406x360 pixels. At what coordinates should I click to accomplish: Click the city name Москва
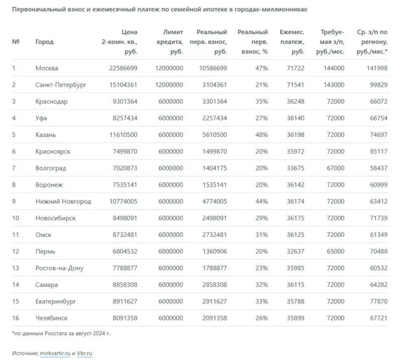pyautogui.click(x=47, y=68)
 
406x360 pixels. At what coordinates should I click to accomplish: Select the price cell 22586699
pyautogui.click(x=123, y=68)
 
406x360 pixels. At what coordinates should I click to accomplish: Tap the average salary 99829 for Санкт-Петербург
pyautogui.click(x=379, y=85)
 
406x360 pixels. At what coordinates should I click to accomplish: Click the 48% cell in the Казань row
pyautogui.click(x=262, y=135)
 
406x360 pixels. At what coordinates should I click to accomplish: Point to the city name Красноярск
pyautogui.click(x=53, y=152)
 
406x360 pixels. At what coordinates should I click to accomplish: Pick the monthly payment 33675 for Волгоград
pyautogui.click(x=296, y=168)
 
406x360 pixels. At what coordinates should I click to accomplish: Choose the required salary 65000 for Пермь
pyautogui.click(x=336, y=251)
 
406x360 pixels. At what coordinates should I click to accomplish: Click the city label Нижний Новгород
pyautogui.click(x=63, y=201)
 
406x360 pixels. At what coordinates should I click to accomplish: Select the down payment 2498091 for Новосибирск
pyautogui.click(x=215, y=218)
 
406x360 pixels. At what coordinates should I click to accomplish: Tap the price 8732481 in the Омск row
pyautogui.click(x=125, y=235)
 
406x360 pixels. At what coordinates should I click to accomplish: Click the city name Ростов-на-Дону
pyautogui.click(x=59, y=268)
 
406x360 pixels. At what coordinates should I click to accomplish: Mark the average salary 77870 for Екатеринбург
pyautogui.click(x=379, y=301)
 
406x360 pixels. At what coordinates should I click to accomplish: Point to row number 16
pyautogui.click(x=15, y=318)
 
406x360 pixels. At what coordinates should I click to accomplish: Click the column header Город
pyautogui.click(x=44, y=42)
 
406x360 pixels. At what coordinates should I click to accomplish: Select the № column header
pyautogui.click(x=15, y=42)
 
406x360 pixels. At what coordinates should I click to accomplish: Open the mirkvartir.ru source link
pyautogui.click(x=55, y=353)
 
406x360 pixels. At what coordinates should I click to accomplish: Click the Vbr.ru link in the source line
pyautogui.click(x=85, y=353)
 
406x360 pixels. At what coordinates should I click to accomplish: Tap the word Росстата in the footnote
pyautogui.click(x=56, y=334)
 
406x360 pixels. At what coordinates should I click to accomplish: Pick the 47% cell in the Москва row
pyautogui.click(x=262, y=68)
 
